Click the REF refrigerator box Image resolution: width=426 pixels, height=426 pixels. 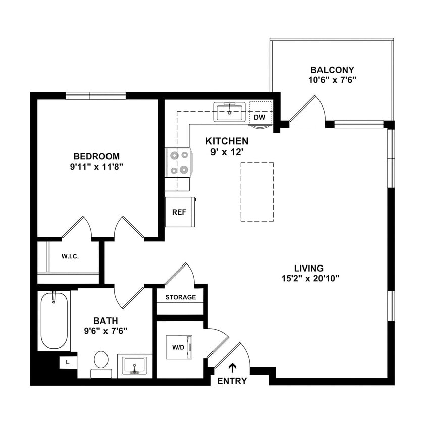point(179,212)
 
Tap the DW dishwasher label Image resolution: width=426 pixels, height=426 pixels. point(259,117)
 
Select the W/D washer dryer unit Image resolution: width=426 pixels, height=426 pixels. point(179,347)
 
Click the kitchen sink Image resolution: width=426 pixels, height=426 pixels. point(229,112)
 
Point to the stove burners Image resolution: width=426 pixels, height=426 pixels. point(178,163)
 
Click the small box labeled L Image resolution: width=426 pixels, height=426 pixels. point(67,362)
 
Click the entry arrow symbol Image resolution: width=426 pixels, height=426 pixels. point(233,368)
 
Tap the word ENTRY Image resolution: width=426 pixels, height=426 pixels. point(232,381)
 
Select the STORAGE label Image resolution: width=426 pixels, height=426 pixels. point(180,297)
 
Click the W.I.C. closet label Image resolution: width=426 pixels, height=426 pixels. point(70,256)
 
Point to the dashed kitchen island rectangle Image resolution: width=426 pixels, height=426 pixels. point(257,191)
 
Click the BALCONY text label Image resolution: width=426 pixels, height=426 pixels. point(332,70)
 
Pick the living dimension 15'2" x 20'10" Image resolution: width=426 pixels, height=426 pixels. point(309,278)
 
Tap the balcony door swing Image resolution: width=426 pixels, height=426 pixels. point(308,109)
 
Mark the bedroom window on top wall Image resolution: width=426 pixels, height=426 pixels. point(95,96)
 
